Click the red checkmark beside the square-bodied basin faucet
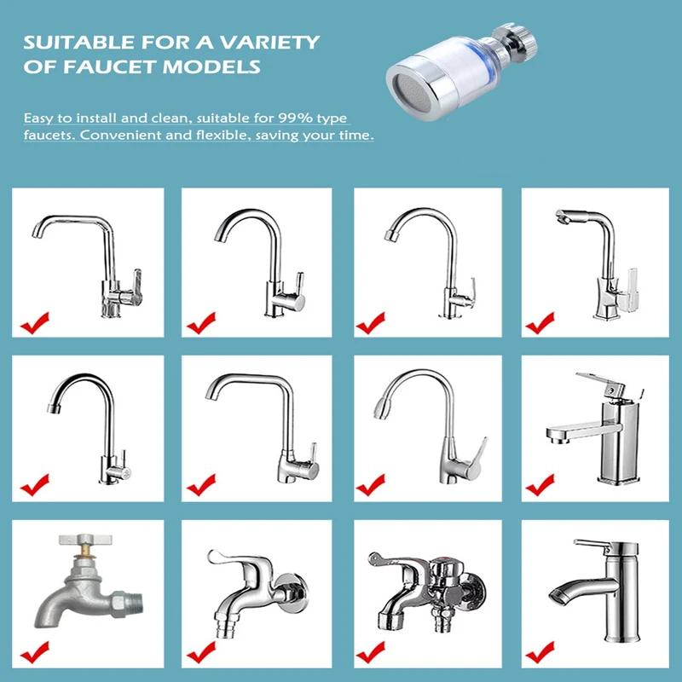[540, 486]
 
